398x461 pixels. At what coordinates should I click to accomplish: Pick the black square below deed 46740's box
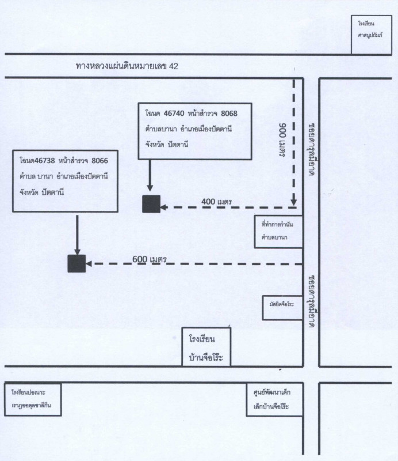[151, 205]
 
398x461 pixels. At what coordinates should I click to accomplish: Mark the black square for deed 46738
[76, 263]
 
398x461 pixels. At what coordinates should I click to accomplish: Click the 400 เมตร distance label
[216, 201]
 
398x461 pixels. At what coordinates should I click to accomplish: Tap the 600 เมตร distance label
[149, 259]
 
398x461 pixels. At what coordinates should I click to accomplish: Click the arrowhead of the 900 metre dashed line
[293, 202]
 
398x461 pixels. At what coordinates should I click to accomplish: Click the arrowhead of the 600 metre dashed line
[90, 264]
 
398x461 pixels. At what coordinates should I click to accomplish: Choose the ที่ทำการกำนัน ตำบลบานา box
[279, 232]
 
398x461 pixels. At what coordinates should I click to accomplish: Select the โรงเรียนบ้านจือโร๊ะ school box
[206, 347]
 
